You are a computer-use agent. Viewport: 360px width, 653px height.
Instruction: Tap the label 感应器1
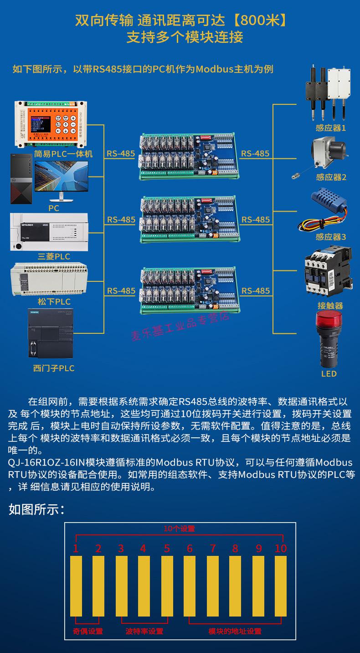pos(331,128)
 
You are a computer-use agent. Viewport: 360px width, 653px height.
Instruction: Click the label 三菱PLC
pos(54,257)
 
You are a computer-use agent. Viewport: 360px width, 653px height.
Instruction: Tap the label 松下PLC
pos(54,302)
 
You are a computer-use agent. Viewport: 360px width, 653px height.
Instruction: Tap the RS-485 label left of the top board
pos(121,154)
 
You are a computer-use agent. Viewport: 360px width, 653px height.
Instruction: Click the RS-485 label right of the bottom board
pos(256,291)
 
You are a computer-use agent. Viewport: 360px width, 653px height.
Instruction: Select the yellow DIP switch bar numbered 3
pos(121,586)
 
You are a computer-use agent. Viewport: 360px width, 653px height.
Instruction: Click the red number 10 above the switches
pos(281,549)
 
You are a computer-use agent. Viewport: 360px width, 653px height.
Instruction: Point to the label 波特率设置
pos(144,632)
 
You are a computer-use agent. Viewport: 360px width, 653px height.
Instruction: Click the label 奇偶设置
pos(88,632)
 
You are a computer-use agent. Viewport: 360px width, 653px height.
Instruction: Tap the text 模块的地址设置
pos(235,632)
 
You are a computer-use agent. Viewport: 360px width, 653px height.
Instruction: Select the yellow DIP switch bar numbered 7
pos(213,586)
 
